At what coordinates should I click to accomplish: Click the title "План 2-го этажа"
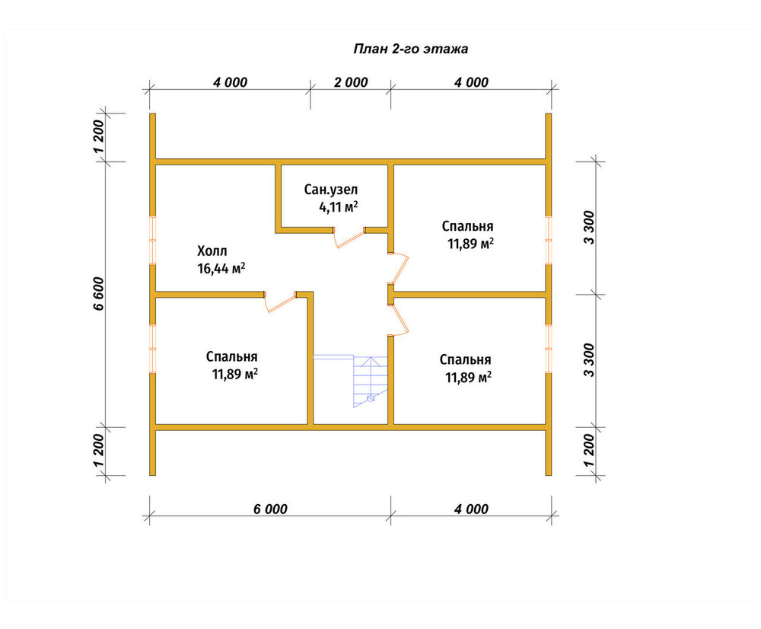click(411, 49)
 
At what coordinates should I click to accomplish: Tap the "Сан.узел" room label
click(331, 190)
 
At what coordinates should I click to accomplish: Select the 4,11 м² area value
click(339, 207)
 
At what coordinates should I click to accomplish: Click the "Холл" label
click(212, 251)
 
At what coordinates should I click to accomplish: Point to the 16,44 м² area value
click(221, 268)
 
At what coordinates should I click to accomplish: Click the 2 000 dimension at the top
click(351, 82)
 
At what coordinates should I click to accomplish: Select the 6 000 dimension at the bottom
click(270, 509)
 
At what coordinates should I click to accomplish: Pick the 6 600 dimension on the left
click(98, 294)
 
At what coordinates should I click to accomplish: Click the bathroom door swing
click(349, 238)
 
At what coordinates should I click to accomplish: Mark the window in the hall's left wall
click(152, 240)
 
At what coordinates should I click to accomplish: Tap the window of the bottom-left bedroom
click(152, 349)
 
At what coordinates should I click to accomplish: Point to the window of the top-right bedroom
click(549, 240)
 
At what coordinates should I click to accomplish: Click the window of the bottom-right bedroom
click(549, 349)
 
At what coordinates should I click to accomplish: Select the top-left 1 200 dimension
click(98, 136)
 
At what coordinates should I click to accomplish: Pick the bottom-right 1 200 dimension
click(589, 451)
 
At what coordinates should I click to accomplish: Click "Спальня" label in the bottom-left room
click(231, 357)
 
